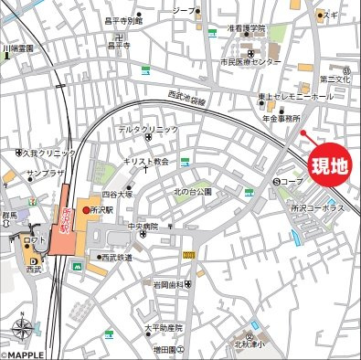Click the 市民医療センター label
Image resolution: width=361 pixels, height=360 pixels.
pyautogui.click(x=250, y=62)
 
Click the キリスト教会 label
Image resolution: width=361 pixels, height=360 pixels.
pyautogui.click(x=148, y=161)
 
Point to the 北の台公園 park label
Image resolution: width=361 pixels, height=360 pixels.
pyautogui.click(x=193, y=192)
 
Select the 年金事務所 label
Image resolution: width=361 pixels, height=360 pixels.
pyautogui.click(x=281, y=118)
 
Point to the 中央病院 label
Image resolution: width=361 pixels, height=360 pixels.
pyautogui.click(x=143, y=226)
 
